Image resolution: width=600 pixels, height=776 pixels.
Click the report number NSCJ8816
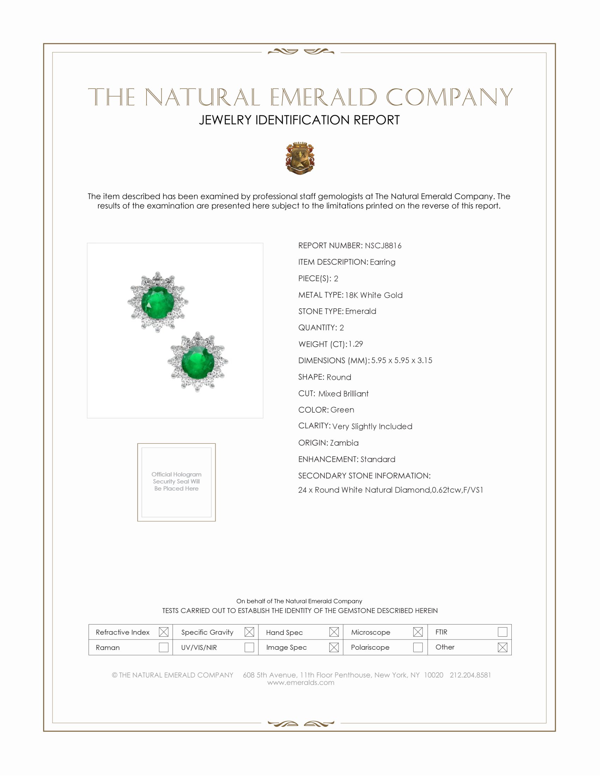[x=383, y=245]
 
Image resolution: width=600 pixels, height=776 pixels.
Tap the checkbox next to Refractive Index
[x=163, y=632]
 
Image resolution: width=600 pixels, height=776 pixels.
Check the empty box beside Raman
[x=163, y=647]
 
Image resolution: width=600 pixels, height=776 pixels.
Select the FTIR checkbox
[x=502, y=632]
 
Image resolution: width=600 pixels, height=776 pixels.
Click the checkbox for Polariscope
[x=418, y=647]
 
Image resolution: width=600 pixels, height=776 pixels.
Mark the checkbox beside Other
[x=502, y=647]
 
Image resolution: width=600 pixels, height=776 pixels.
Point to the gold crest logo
[x=300, y=158]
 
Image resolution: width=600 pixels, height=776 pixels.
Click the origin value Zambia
[x=344, y=443]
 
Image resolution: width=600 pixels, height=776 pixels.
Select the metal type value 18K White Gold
[x=373, y=295]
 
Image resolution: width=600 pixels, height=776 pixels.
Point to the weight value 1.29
[x=355, y=344]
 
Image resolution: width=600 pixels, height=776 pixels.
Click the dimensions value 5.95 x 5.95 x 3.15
[x=402, y=360]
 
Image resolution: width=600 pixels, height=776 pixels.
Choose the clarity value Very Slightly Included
[x=372, y=426]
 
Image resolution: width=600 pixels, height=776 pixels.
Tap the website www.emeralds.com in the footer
[x=301, y=683]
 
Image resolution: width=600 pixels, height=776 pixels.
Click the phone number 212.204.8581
[x=470, y=675]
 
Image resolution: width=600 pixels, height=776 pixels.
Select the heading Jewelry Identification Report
[x=299, y=120]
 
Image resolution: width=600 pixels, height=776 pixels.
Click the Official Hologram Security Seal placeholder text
[x=176, y=481]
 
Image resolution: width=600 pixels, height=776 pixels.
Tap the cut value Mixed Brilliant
[x=343, y=394]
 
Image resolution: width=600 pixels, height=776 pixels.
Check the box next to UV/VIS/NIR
[x=249, y=647]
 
